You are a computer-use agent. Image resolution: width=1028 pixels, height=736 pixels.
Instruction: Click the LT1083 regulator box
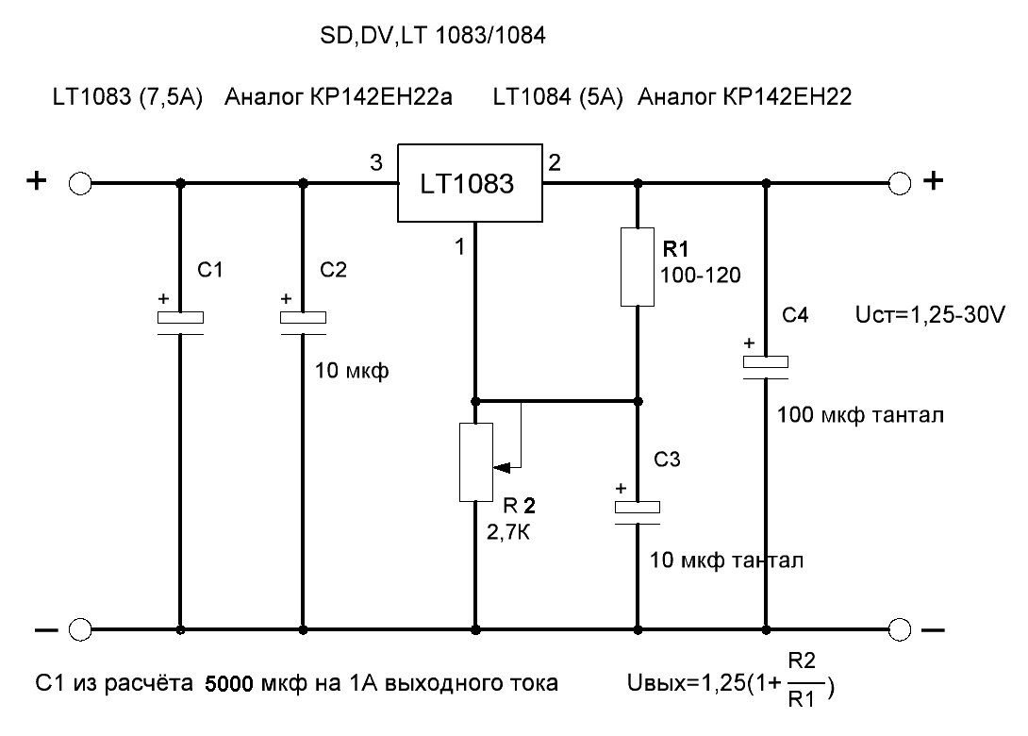coord(470,183)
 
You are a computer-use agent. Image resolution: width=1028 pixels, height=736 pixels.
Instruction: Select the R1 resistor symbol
coord(638,267)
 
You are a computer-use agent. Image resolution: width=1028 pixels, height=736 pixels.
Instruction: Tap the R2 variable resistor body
coord(476,462)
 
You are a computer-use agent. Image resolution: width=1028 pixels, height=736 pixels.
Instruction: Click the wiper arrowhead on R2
coord(502,468)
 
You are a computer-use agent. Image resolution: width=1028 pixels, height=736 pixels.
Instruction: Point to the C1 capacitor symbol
coord(180,324)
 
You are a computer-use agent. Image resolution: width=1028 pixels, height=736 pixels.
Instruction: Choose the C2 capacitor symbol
coord(303,324)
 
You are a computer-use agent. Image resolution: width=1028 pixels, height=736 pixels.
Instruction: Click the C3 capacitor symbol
coord(638,513)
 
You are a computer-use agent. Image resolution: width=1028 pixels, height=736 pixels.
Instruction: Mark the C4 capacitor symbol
coord(766,367)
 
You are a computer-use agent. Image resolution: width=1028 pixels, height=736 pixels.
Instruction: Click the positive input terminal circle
coord(80,184)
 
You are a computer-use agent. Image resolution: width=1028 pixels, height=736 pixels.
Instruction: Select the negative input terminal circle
coord(80,629)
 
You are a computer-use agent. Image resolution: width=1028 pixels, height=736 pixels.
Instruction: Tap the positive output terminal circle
coord(900,184)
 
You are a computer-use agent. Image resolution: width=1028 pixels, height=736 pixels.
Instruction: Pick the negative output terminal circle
coord(900,629)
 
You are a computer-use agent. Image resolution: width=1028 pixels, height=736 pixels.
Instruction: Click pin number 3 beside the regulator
coord(376,162)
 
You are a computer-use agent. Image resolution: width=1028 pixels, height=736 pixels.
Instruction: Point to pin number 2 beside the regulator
coord(555,162)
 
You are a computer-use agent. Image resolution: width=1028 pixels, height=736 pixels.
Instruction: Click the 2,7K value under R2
coord(508,532)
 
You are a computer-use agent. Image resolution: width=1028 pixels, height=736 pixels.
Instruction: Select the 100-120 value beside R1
coord(700,275)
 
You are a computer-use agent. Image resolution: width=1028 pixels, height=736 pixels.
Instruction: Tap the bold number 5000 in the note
coord(229,684)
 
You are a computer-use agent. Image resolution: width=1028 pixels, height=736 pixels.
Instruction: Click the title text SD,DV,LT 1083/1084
coord(433,36)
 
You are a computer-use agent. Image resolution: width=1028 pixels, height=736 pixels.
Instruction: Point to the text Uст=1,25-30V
coord(930,315)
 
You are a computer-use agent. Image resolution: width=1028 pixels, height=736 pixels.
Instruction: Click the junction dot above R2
coord(476,401)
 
